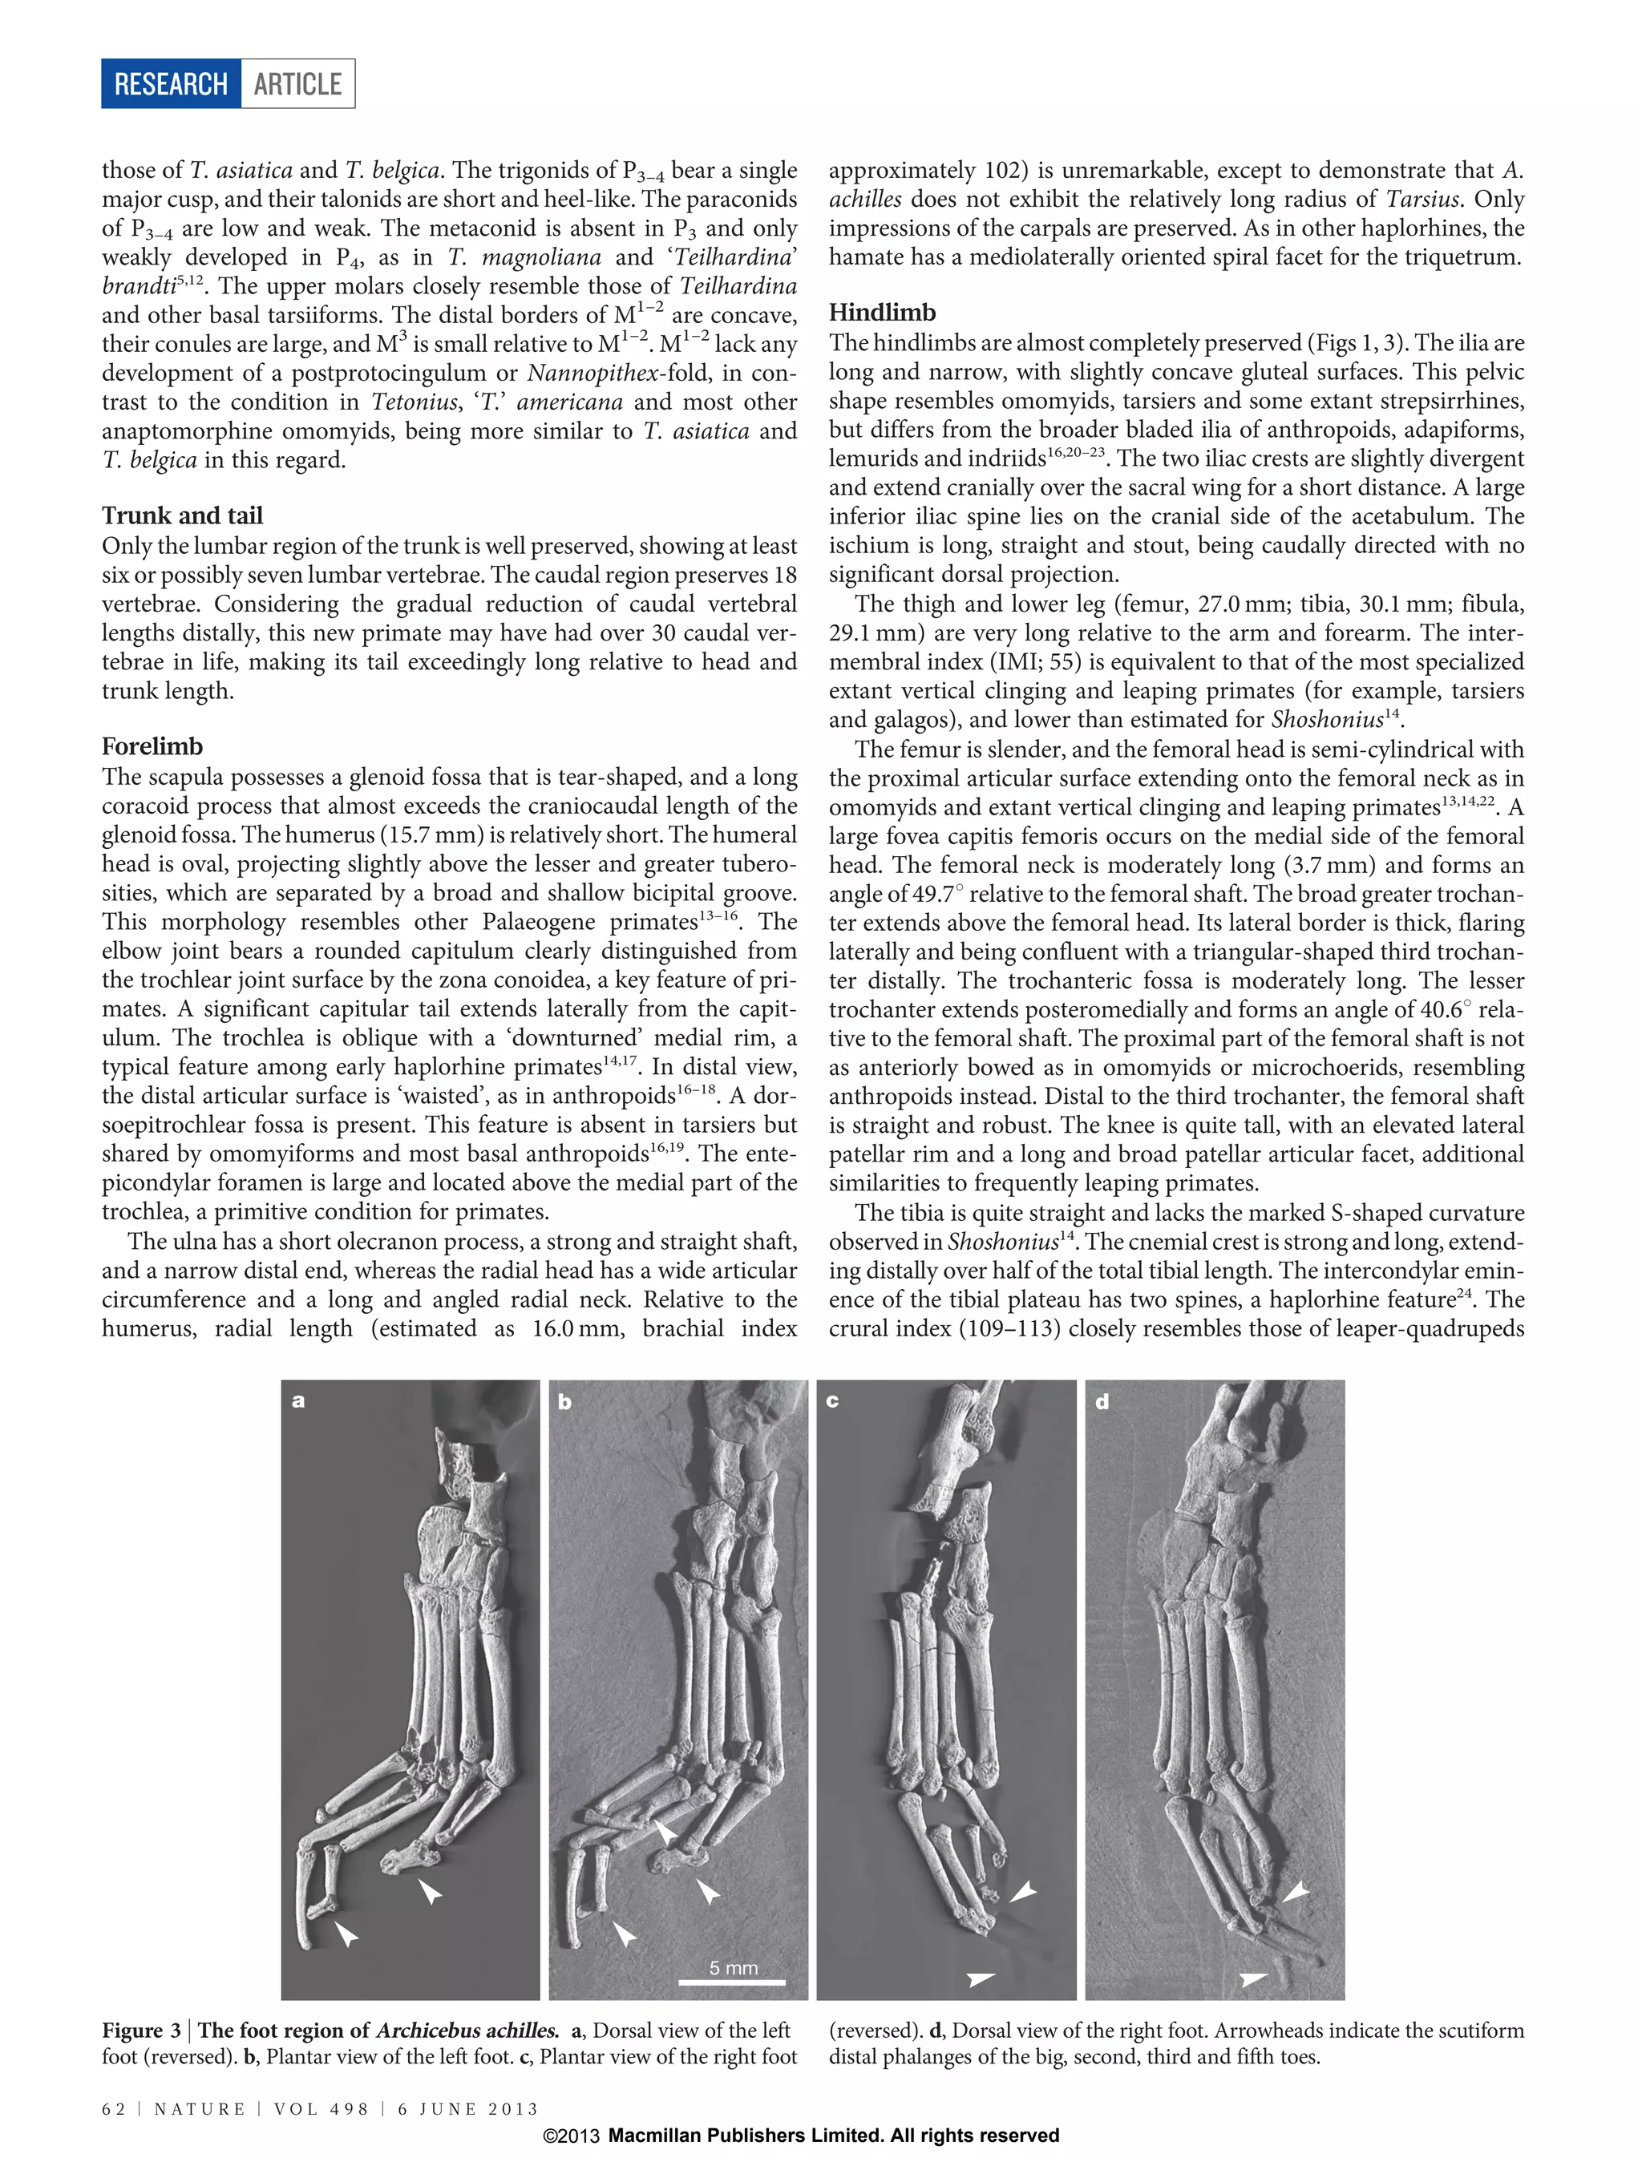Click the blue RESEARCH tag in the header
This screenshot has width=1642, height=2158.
point(171,84)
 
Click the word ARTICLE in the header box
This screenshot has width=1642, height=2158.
point(297,84)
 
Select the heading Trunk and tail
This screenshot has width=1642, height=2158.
point(182,515)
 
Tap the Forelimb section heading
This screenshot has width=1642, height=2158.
point(152,746)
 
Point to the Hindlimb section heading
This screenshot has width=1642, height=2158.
point(882,312)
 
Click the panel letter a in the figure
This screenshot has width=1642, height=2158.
point(298,1400)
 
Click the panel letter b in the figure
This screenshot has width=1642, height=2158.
point(565,1401)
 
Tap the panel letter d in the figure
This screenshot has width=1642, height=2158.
point(1102,1401)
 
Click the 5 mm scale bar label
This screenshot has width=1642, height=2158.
point(733,1967)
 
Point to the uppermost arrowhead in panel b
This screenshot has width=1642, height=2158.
point(665,1831)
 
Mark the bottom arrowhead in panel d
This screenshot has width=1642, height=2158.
point(1253,1979)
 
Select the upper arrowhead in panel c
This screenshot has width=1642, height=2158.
point(1022,1891)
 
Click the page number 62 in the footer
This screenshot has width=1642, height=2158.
point(113,2108)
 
